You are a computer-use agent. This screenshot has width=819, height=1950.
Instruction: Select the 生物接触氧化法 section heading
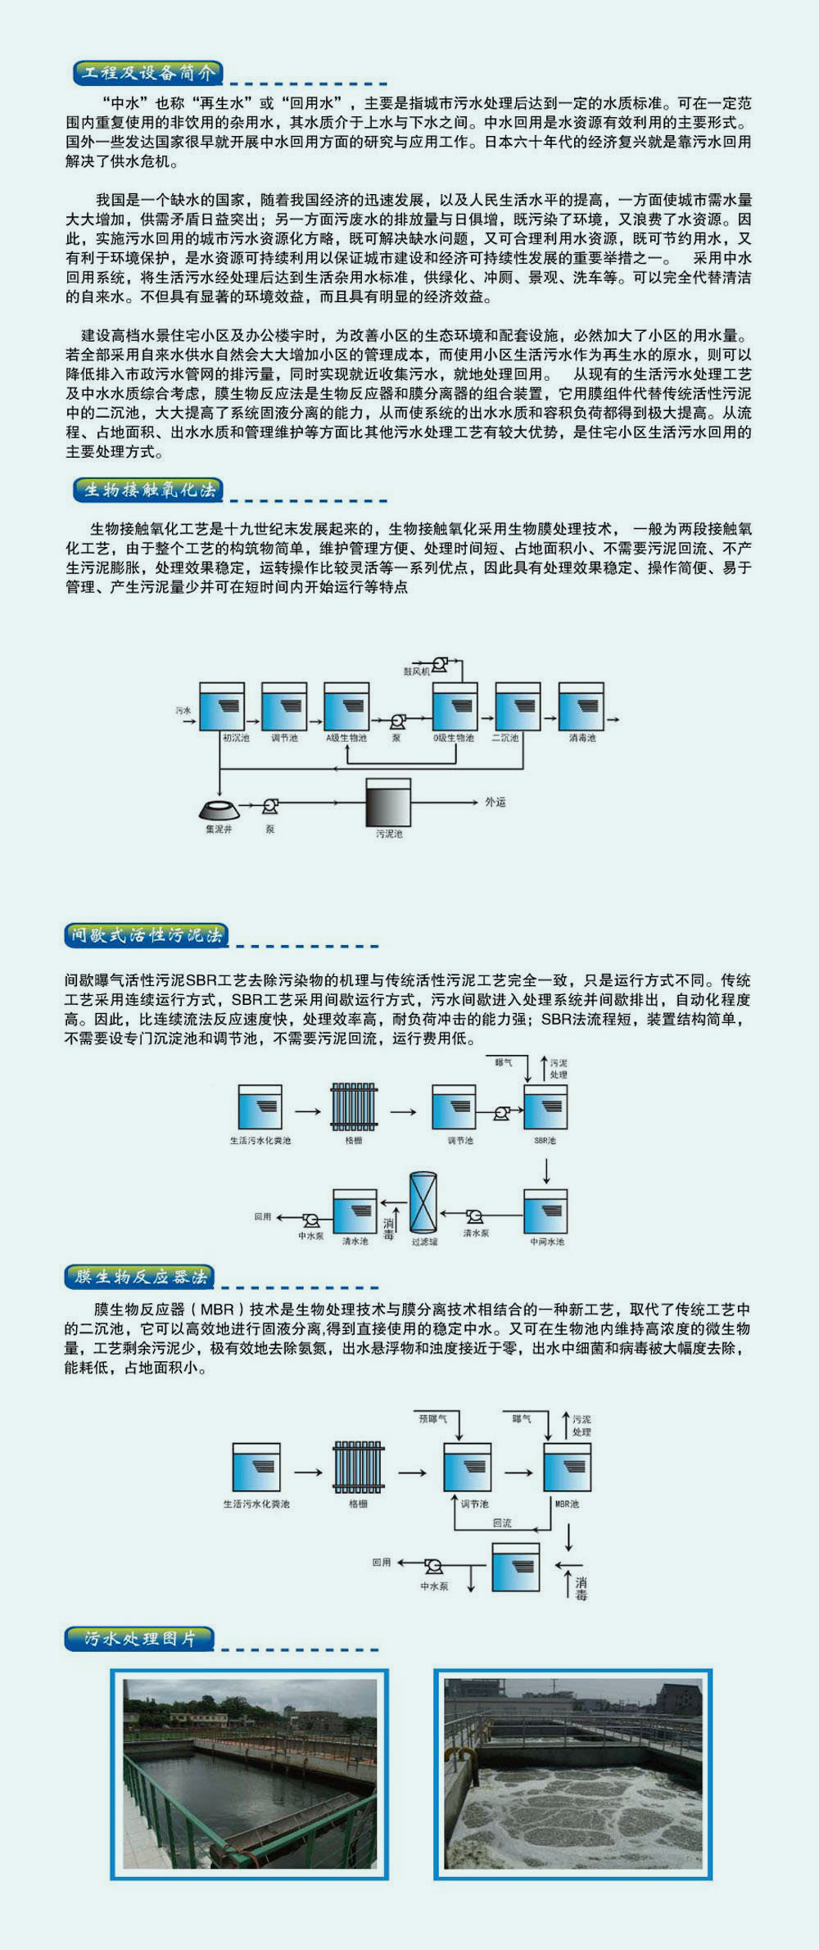click(x=148, y=491)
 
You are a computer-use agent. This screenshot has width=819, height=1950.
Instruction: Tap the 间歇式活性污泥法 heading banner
click(x=146, y=935)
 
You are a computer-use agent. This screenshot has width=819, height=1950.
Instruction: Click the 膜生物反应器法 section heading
click(x=140, y=1277)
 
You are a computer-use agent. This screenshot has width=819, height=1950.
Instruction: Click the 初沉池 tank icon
click(x=222, y=706)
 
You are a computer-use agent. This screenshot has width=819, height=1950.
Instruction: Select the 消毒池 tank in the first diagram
click(x=581, y=706)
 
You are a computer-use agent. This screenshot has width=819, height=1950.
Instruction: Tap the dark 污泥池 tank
click(x=388, y=803)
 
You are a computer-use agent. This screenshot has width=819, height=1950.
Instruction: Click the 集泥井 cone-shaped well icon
click(x=219, y=809)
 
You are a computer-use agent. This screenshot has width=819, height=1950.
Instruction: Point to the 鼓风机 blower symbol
click(x=440, y=664)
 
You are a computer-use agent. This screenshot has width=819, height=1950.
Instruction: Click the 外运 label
click(x=495, y=803)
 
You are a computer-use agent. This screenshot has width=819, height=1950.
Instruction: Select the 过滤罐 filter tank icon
click(x=423, y=1201)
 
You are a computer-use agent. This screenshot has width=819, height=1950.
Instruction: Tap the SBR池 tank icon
click(x=545, y=1107)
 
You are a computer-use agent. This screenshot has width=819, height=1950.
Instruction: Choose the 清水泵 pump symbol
click(x=475, y=1217)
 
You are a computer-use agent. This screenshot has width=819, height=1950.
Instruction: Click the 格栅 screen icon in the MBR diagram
click(x=359, y=1467)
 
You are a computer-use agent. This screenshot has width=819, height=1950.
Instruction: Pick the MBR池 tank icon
click(x=567, y=1467)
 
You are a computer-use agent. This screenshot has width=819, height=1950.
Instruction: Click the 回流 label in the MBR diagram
click(x=502, y=1522)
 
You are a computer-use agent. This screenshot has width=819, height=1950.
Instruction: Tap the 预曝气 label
click(x=432, y=1418)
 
